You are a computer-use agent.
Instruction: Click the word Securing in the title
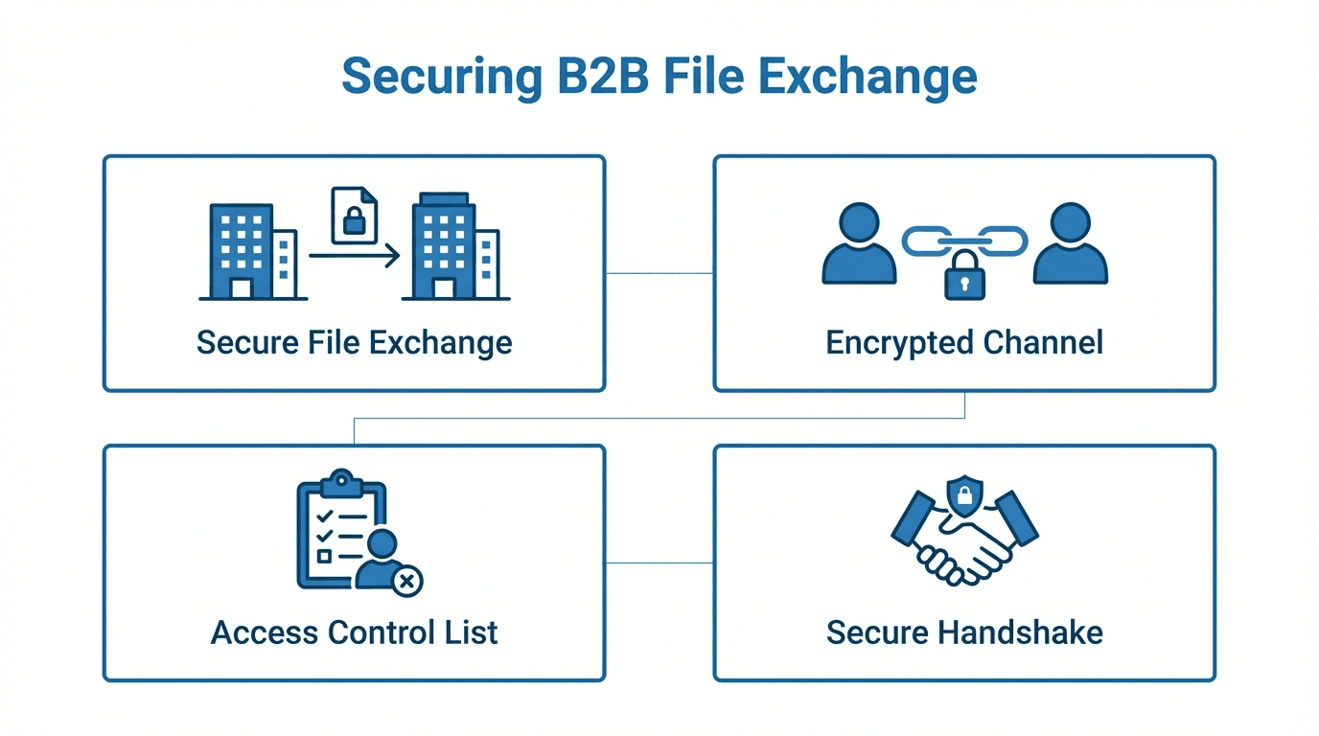(x=441, y=76)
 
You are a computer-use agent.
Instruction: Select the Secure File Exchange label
(x=354, y=342)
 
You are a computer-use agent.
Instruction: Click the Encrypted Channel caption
(x=964, y=342)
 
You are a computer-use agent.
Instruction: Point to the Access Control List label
(x=354, y=632)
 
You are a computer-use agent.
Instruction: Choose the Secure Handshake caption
(x=964, y=632)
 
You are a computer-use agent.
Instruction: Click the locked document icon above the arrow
(x=354, y=216)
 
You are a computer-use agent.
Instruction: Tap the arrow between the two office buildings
(x=354, y=256)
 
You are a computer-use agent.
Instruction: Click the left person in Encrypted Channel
(x=859, y=245)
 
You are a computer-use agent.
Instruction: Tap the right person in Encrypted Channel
(x=1070, y=245)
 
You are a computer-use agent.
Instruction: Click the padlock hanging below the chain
(x=964, y=277)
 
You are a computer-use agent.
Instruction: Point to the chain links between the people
(x=964, y=241)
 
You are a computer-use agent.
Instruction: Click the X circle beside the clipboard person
(x=408, y=580)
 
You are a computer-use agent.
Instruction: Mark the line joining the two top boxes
(x=659, y=273)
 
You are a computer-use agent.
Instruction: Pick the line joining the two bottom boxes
(x=659, y=563)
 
